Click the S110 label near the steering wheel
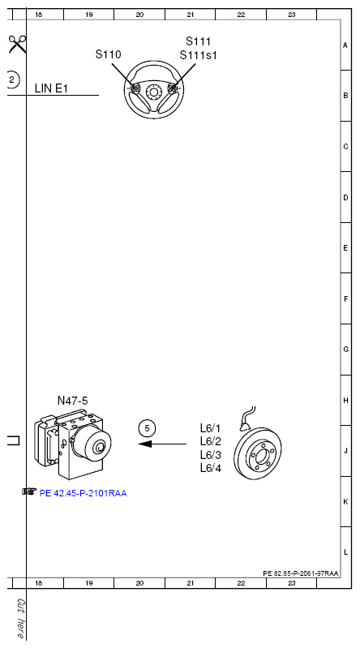(x=109, y=54)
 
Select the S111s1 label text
(x=199, y=55)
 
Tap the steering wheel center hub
(x=154, y=92)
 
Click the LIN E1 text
(x=51, y=88)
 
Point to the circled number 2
(x=11, y=79)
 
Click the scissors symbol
(x=17, y=45)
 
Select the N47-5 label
(x=73, y=401)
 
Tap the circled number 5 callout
(x=147, y=428)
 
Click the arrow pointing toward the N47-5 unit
(x=162, y=444)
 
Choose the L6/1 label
(x=210, y=428)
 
